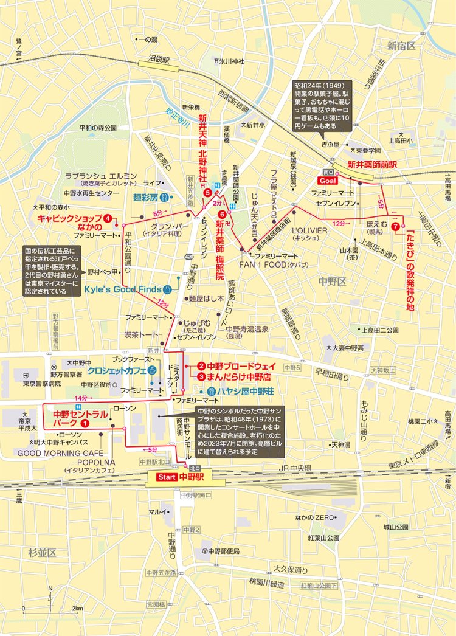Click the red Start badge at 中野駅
pyautogui.click(x=167, y=477)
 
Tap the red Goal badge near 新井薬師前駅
pyautogui.click(x=327, y=181)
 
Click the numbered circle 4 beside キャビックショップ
pyautogui.click(x=108, y=218)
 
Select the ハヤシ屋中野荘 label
pyautogui.click(x=243, y=391)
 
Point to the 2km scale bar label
pyautogui.click(x=77, y=608)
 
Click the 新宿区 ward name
pyautogui.click(x=402, y=46)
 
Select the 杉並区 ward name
pyautogui.click(x=41, y=552)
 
